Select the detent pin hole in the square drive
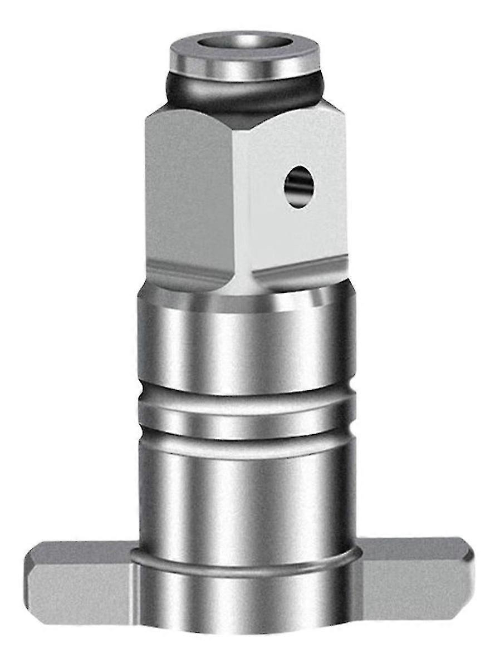pyautogui.click(x=298, y=187)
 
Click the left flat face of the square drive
pyautogui.click(x=189, y=189)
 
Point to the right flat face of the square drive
pyautogui.click(x=312, y=223)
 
